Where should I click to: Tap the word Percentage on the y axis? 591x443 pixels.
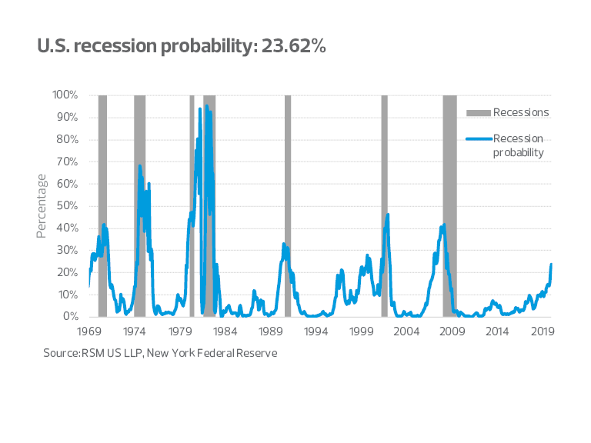point(42,205)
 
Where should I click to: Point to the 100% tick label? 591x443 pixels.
point(65,95)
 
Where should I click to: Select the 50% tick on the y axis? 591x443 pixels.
point(67,206)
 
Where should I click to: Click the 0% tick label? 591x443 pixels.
point(71,317)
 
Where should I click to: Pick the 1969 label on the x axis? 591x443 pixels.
point(89,331)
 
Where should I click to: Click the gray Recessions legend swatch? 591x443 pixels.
point(478,113)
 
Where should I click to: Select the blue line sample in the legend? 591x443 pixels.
point(478,139)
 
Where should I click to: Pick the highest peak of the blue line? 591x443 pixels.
point(206,106)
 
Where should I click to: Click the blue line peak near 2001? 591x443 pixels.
point(388,215)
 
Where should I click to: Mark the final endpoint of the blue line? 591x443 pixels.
point(552,265)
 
